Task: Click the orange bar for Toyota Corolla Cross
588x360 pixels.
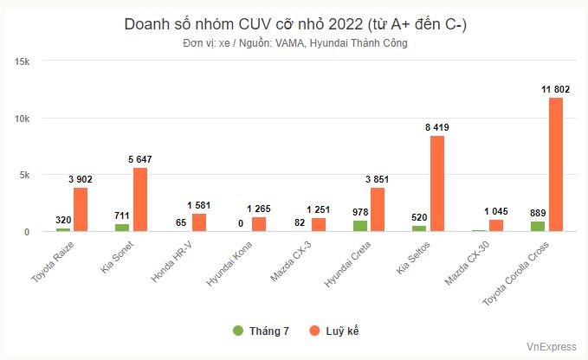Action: click(556, 164)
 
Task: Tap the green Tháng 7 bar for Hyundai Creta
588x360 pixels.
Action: click(360, 226)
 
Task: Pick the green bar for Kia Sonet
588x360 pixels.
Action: click(123, 228)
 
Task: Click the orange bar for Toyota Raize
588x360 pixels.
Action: click(81, 209)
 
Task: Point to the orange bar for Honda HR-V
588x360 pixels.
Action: click(199, 222)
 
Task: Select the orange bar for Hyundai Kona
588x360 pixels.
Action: click(259, 224)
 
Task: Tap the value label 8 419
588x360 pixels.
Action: click(436, 127)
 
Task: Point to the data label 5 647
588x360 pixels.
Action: click(140, 158)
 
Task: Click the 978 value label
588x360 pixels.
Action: click(360, 210)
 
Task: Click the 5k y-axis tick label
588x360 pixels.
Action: click(25, 175)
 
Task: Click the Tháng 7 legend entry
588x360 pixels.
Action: click(261, 331)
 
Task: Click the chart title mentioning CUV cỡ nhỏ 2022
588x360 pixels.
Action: click(294, 24)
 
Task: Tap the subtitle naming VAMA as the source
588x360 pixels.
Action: click(294, 43)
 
